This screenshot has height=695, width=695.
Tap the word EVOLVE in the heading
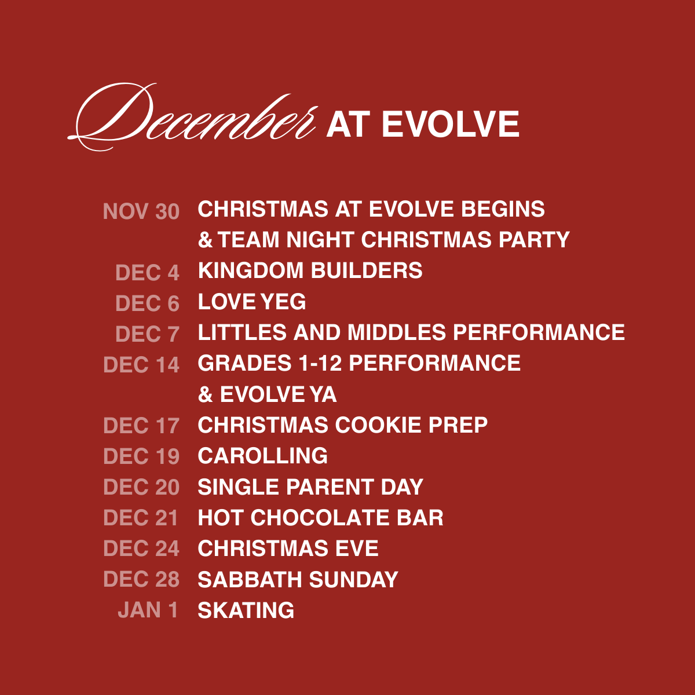pos(451,124)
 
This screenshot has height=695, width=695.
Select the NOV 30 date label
pos(141,211)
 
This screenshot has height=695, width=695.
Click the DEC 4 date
pos(147,273)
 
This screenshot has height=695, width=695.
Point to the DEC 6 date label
pos(147,303)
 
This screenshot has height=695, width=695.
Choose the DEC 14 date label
pos(141,365)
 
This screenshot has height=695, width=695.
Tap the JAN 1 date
pos(148,610)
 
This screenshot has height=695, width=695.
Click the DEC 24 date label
pos(141,548)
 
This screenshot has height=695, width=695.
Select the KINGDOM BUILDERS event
pos(310,270)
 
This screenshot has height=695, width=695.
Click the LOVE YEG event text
pos(252,302)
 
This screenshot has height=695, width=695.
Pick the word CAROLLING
pos(262,456)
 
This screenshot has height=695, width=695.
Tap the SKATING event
pos(246,610)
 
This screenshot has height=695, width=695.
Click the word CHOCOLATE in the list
pos(320,518)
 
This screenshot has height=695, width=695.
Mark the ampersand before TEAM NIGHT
pos(205,240)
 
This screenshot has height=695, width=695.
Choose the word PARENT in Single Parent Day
pos(330,487)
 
